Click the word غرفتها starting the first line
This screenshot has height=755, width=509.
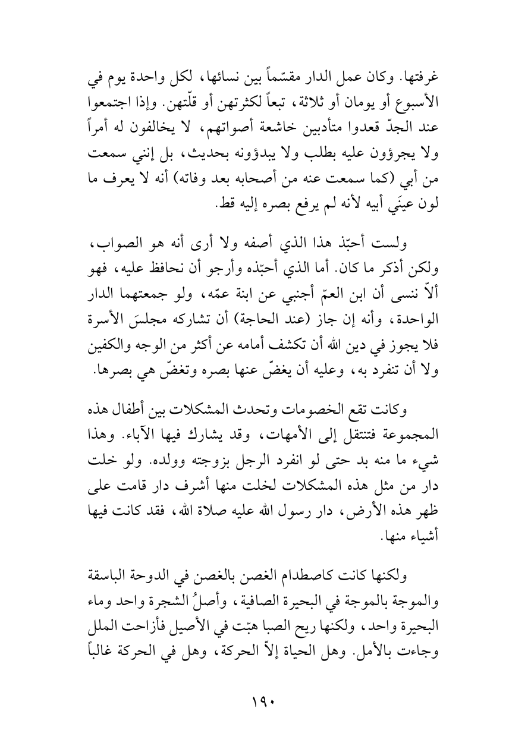pyautogui.click(x=421, y=78)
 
